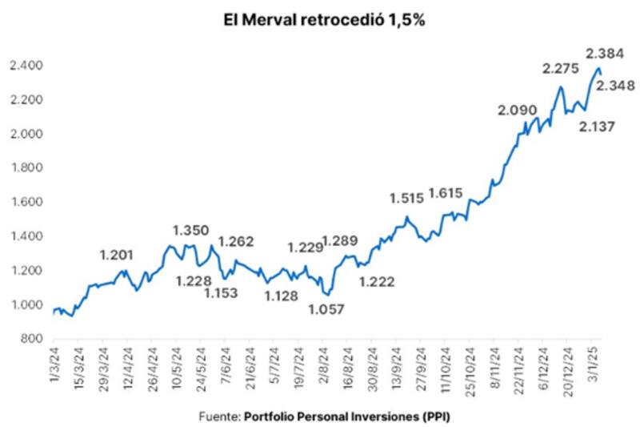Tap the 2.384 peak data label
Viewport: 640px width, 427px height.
[x=606, y=54]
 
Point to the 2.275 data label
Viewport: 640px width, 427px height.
[x=562, y=69]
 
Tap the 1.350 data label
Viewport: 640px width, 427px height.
[x=193, y=230]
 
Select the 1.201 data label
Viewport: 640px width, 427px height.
[x=118, y=255]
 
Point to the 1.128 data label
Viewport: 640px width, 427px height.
[x=281, y=296]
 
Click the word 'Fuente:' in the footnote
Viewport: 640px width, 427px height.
[x=218, y=417]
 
